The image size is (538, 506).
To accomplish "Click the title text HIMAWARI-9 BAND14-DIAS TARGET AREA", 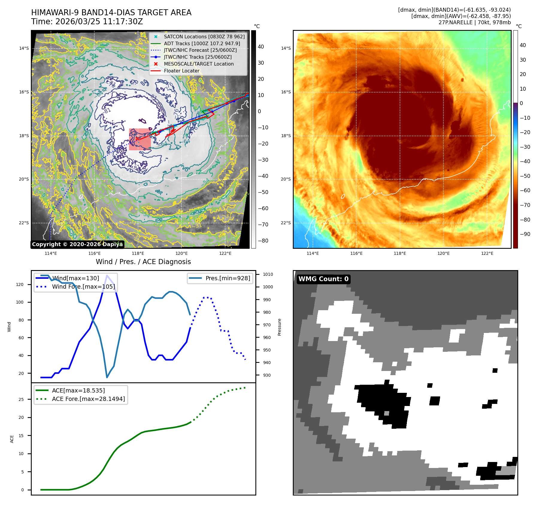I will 111,13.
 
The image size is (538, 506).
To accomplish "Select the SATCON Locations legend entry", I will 204,37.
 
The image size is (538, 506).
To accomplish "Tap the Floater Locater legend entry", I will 181,71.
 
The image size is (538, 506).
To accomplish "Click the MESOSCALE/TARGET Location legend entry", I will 198,64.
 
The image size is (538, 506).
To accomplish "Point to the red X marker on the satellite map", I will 137,139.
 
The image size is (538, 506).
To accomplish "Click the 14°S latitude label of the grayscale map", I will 24,48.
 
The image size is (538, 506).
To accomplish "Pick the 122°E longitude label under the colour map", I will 487,253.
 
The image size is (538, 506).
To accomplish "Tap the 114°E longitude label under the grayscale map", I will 51,253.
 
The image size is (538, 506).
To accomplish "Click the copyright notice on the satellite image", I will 77,244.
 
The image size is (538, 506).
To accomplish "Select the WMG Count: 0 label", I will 323,279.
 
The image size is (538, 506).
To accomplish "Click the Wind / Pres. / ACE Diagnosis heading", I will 143,262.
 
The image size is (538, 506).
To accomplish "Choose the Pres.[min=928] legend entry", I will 228,278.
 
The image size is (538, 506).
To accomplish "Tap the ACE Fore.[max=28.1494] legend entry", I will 88,399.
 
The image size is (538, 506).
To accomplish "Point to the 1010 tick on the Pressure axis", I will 268,274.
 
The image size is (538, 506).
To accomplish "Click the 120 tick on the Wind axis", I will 20,284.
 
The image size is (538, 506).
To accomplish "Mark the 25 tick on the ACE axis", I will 21,399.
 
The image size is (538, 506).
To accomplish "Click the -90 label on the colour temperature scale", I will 525,234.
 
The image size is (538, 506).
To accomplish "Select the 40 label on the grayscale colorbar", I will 261,47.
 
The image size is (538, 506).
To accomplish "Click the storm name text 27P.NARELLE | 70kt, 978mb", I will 475,22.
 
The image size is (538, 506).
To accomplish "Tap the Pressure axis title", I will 279,327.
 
